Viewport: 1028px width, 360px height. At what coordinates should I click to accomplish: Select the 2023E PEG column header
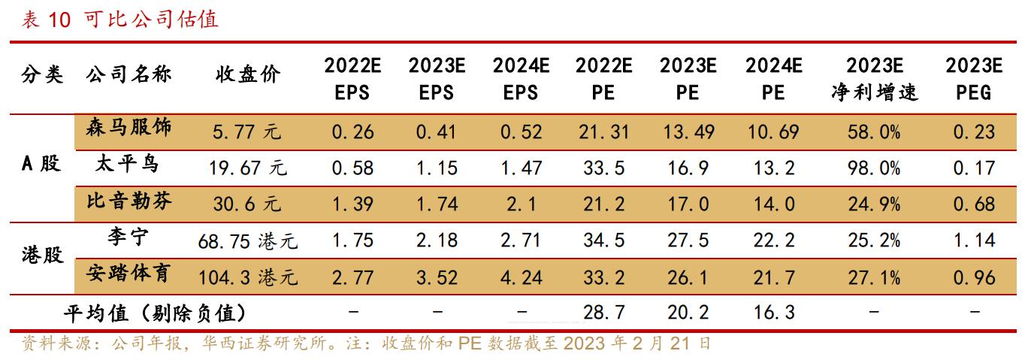tap(974, 78)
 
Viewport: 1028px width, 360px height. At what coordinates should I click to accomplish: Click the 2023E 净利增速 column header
tap(874, 78)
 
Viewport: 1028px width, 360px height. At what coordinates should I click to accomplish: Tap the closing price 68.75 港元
tap(248, 242)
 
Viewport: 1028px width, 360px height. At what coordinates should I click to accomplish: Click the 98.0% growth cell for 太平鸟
tap(874, 168)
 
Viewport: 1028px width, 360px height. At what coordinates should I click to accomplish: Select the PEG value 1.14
tap(974, 241)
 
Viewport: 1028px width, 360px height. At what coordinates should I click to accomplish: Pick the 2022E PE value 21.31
tap(603, 132)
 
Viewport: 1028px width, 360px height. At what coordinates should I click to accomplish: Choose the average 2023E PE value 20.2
tap(688, 312)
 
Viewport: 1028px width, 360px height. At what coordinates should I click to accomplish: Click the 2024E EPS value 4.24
tap(521, 278)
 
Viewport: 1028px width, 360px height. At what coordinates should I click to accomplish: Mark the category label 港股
tap(41, 256)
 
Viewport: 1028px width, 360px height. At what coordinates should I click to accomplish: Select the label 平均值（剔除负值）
tap(156, 312)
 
